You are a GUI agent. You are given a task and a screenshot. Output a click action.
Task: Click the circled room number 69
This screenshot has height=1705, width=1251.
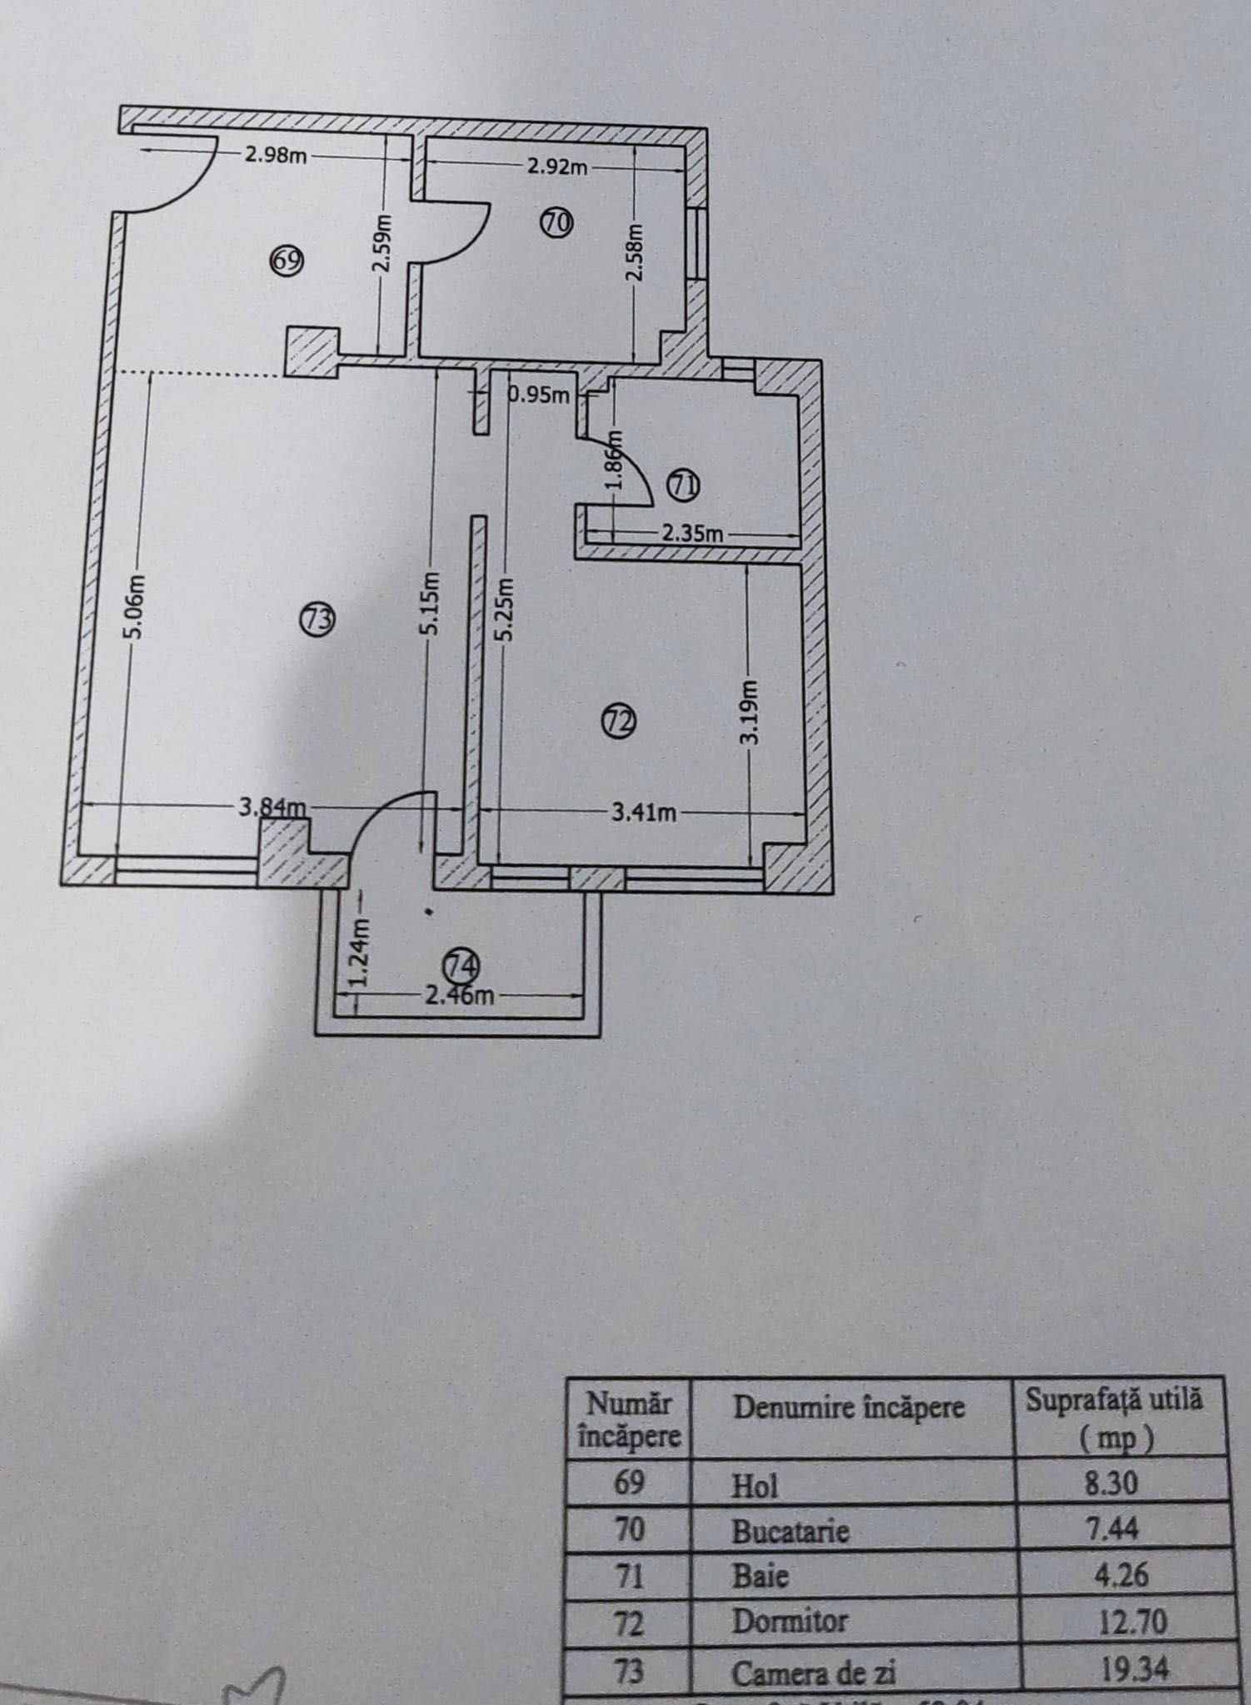click(287, 261)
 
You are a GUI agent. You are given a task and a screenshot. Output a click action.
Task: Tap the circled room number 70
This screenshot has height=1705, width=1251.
click(556, 222)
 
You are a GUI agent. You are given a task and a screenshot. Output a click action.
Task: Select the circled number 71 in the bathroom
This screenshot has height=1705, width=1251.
click(685, 486)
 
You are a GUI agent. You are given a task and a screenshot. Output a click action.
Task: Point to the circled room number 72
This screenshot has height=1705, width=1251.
click(619, 721)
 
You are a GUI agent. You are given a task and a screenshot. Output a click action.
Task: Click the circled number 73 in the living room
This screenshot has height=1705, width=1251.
click(319, 619)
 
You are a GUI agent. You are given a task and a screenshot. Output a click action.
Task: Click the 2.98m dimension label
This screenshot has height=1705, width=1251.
click(276, 155)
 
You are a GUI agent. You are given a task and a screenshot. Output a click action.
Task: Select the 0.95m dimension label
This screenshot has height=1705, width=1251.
click(540, 395)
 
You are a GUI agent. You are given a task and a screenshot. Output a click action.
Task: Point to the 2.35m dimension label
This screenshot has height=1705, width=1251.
click(692, 534)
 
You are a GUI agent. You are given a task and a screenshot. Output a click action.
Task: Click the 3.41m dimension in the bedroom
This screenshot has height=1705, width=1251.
click(644, 813)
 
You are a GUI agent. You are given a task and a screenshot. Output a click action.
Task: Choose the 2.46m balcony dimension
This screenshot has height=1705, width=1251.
click(459, 995)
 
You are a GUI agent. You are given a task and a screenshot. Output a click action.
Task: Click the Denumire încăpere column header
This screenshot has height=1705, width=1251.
click(849, 1407)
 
